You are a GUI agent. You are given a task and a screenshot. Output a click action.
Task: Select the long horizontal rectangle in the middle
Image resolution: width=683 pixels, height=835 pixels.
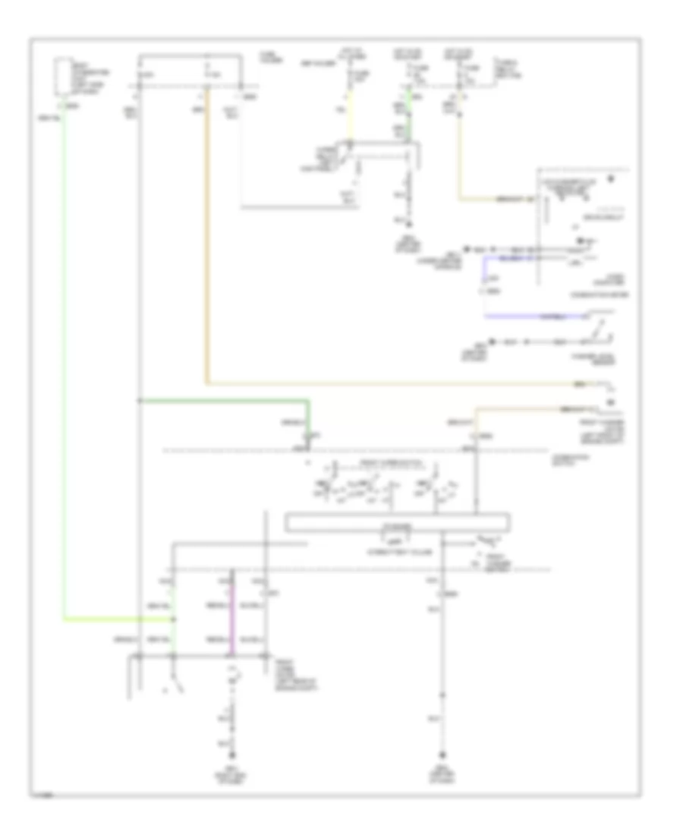coord(397,523)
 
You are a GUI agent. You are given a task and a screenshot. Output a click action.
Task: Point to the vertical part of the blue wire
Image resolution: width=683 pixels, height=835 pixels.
coord(485,285)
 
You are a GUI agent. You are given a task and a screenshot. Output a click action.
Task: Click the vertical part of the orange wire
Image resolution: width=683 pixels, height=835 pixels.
coord(206,243)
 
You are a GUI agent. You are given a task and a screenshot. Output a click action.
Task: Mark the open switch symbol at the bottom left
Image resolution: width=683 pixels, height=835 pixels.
coord(175,685)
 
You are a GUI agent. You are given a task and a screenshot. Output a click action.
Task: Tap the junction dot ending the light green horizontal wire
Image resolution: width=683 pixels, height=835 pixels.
coord(175,619)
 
